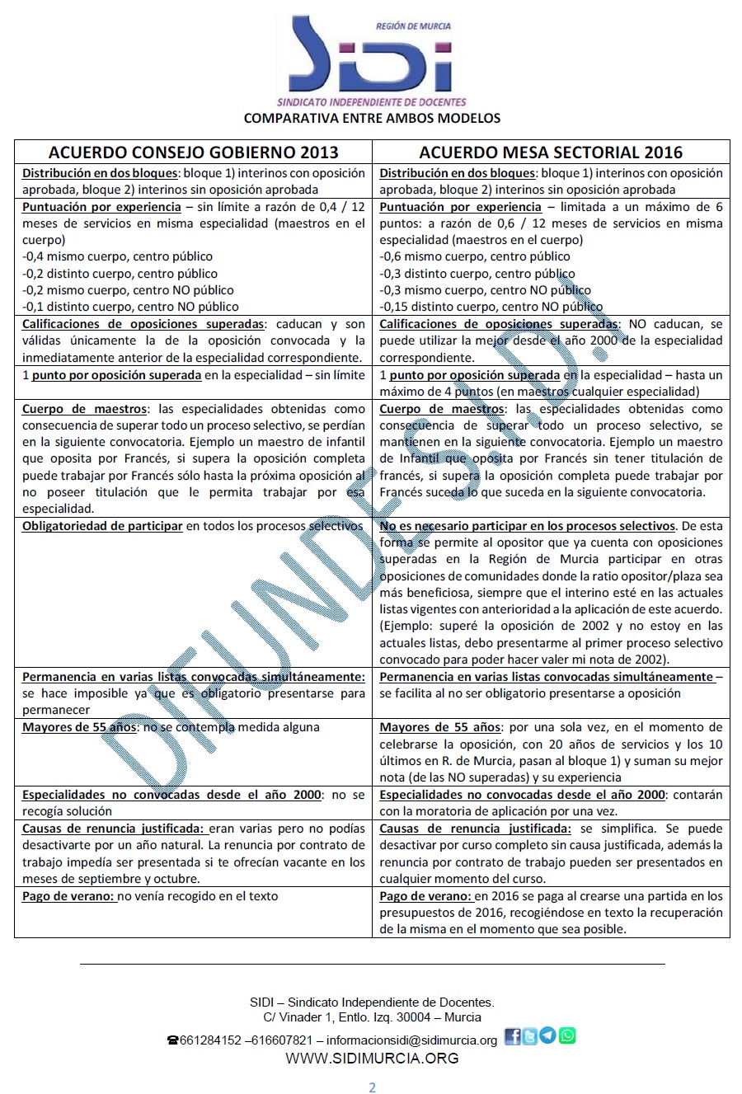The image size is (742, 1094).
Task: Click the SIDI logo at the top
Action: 372,58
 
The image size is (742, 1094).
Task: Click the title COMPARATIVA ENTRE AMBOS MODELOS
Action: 372,118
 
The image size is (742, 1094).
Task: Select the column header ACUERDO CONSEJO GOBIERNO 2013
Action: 193,152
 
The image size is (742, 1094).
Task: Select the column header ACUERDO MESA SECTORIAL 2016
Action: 551,152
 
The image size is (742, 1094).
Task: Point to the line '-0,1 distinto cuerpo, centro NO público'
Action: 130,307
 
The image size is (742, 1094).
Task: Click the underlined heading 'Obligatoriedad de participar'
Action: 102,526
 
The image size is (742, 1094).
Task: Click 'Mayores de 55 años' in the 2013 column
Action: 75,727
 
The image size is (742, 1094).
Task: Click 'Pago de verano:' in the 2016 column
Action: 425,896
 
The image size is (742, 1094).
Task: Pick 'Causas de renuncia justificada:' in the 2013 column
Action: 115,829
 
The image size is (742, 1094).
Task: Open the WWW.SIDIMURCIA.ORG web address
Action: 372,1059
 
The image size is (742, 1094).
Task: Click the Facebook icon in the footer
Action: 512,1037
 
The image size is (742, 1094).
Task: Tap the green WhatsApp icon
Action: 567,1036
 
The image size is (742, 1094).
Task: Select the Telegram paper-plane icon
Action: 548,1036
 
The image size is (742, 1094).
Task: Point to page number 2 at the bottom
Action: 372,1087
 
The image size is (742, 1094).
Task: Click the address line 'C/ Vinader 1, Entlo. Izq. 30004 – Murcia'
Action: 372,1017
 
